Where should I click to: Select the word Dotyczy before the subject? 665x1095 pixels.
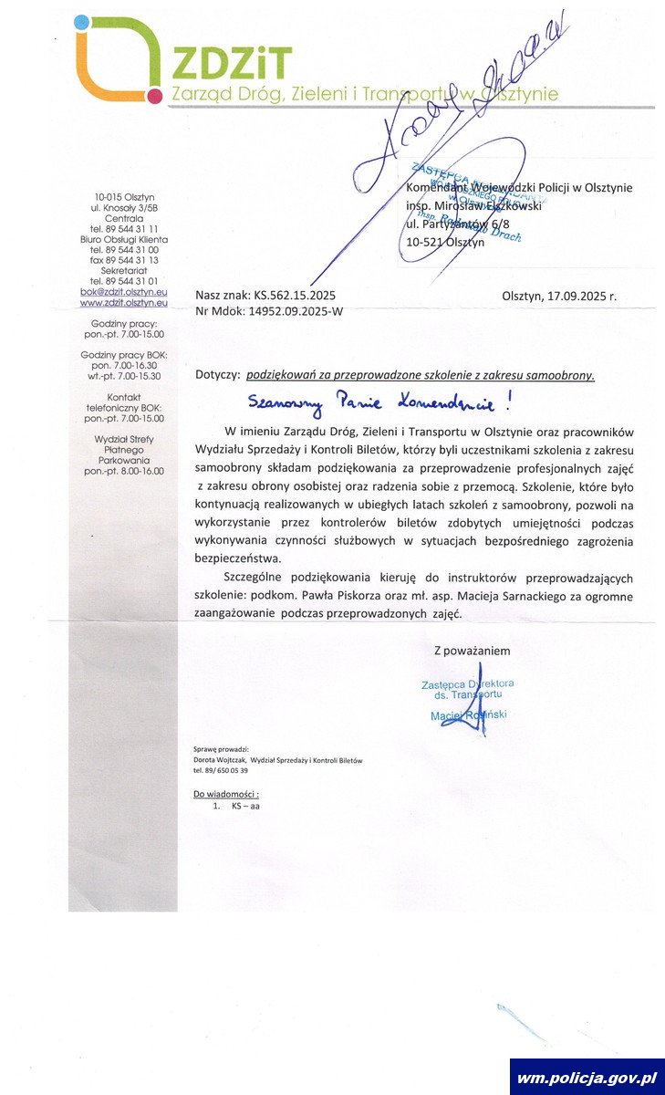coord(217,375)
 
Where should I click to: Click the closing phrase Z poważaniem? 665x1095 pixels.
coord(472,652)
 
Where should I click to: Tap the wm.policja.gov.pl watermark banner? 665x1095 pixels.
coord(587,1078)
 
